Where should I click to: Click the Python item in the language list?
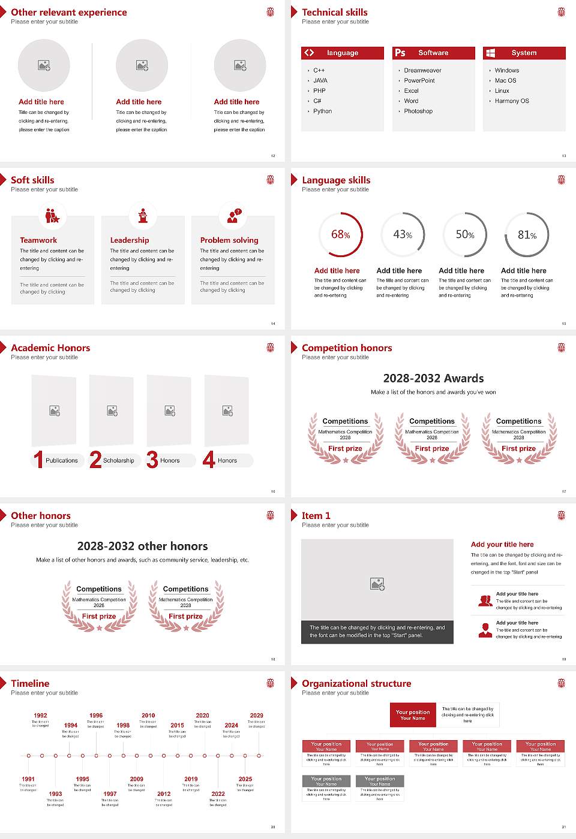click(x=322, y=111)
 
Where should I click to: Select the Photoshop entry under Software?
click(x=418, y=111)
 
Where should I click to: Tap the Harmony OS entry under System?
click(x=512, y=101)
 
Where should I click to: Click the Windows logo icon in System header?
click(x=491, y=53)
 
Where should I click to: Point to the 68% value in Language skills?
click(x=340, y=235)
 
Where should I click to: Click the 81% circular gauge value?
click(x=527, y=235)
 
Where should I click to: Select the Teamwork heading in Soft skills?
click(x=38, y=240)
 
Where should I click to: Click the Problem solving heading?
click(x=229, y=240)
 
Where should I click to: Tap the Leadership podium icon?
click(x=143, y=216)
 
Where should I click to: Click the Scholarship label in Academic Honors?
click(x=118, y=461)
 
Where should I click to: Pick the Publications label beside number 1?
click(x=62, y=461)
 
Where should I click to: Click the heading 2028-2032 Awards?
click(x=433, y=379)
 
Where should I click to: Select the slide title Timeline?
click(x=30, y=684)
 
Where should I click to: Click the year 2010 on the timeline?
click(x=148, y=716)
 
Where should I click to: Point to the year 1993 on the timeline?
click(x=55, y=794)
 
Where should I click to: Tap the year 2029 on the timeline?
click(x=256, y=716)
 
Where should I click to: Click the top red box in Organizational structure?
click(x=413, y=715)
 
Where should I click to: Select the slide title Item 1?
click(x=316, y=516)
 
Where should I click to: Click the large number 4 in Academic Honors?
click(x=209, y=460)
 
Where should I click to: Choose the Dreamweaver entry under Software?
click(x=422, y=71)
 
